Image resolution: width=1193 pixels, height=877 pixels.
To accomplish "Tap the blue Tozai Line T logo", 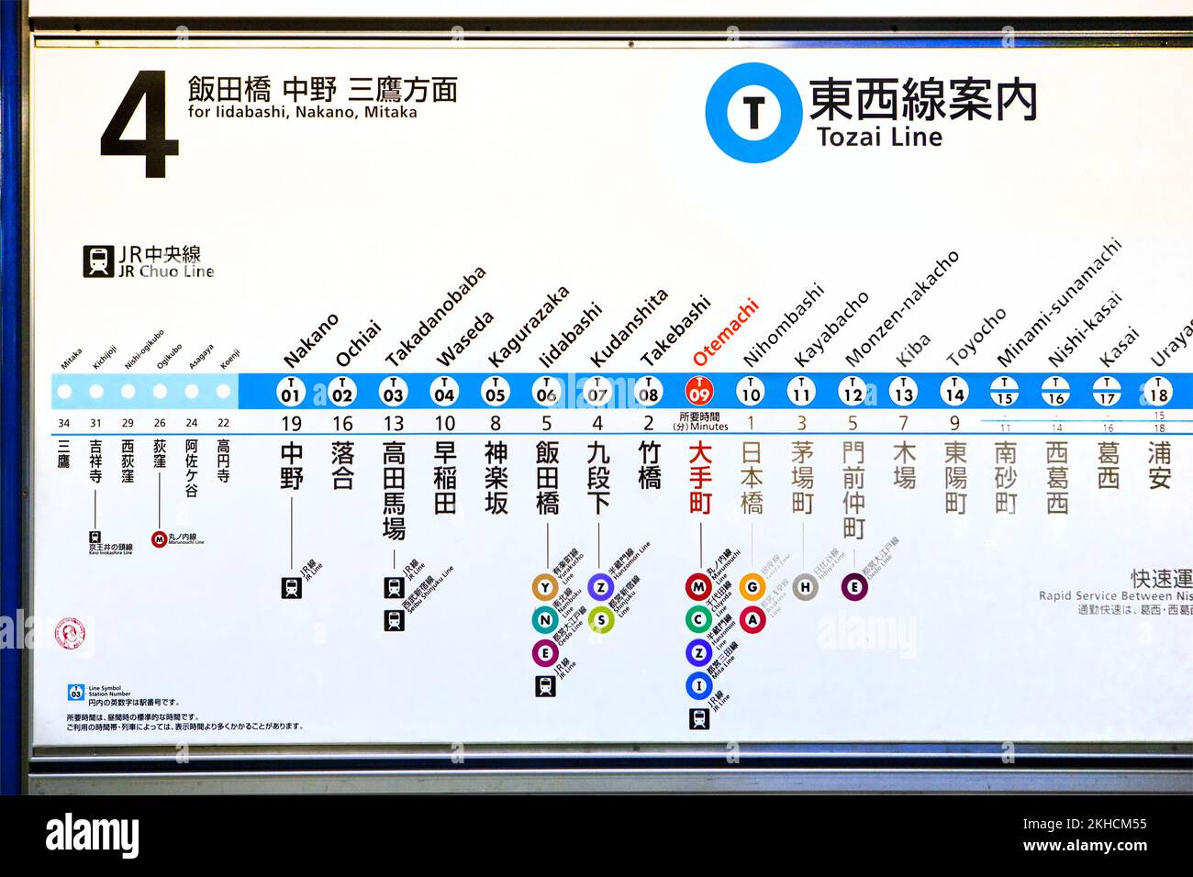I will (753, 113).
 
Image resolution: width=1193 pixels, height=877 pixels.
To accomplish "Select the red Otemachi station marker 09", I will (699, 392).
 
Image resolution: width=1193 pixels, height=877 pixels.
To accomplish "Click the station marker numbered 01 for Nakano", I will (291, 392).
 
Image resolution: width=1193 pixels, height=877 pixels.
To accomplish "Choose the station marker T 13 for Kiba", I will (903, 392).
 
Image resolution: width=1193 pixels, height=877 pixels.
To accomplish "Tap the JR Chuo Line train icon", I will (97, 261).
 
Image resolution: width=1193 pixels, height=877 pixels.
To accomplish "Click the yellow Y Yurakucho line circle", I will (545, 587).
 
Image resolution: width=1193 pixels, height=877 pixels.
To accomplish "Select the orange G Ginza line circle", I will (752, 587).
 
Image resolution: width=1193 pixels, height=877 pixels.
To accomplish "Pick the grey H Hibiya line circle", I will (804, 587).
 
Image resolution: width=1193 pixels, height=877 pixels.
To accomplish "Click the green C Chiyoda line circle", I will (698, 619).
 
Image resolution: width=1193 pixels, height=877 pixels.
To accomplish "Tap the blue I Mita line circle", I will (698, 685).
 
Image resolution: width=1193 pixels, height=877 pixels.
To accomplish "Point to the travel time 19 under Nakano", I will (291, 424).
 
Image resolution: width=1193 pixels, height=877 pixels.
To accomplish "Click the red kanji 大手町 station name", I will (699, 478).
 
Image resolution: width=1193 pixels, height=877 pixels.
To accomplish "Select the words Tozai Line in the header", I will (879, 138).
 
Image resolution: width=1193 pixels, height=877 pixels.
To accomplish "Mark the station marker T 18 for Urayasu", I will (1158, 392).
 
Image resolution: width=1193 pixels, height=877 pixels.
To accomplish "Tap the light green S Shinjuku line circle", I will (600, 620).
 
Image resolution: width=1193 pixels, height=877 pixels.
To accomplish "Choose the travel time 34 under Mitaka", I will (63, 424).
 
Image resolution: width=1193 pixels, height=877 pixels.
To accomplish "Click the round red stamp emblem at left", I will (70, 633).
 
